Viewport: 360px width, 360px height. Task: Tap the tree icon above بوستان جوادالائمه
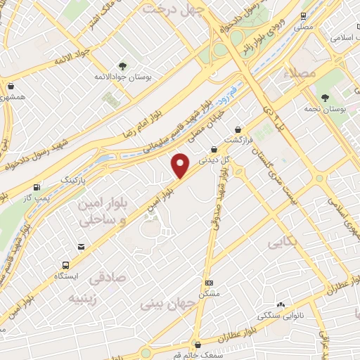pos(123,67)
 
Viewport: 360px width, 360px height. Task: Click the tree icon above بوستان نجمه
pos(324,98)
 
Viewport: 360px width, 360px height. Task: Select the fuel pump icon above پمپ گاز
pos(36,188)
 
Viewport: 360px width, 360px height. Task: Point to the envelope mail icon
pos(82,246)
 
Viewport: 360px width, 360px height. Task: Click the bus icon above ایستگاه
pos(65,266)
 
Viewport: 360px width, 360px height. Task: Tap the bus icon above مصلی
pos(302,15)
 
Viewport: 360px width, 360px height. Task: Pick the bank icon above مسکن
pos(209,283)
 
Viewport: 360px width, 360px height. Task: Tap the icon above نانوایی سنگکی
pos(281,304)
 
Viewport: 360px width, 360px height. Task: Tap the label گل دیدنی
pos(214,160)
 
